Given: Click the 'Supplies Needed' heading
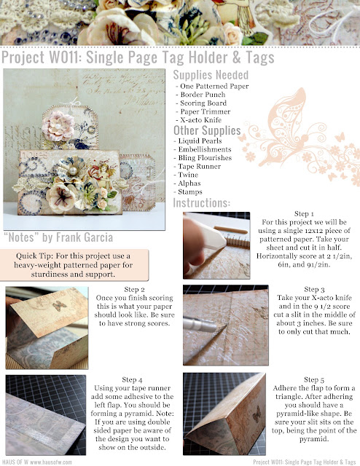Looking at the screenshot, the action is [x=211, y=75].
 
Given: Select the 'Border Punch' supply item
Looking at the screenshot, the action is [x=203, y=95].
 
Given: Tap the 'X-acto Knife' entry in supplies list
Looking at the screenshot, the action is [x=201, y=120].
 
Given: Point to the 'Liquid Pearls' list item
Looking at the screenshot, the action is [x=200, y=141].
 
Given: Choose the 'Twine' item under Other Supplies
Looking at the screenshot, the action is [x=188, y=175].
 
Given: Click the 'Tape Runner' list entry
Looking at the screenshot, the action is [x=200, y=167].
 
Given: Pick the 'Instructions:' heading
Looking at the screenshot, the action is [x=202, y=203].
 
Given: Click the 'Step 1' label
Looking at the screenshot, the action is [x=304, y=213].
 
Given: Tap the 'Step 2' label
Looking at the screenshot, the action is [x=135, y=290].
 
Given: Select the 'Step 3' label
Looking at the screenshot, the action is [x=314, y=290].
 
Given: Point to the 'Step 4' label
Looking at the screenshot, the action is [x=132, y=380].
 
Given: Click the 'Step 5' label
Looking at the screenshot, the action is [x=314, y=379].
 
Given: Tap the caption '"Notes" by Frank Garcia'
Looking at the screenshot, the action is [x=58, y=237].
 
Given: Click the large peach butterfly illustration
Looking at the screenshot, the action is [x=286, y=128].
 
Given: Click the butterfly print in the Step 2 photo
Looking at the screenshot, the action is [x=59, y=306].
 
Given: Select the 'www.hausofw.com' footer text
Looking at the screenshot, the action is [x=51, y=462].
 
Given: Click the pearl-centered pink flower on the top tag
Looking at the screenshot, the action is [x=58, y=126].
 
